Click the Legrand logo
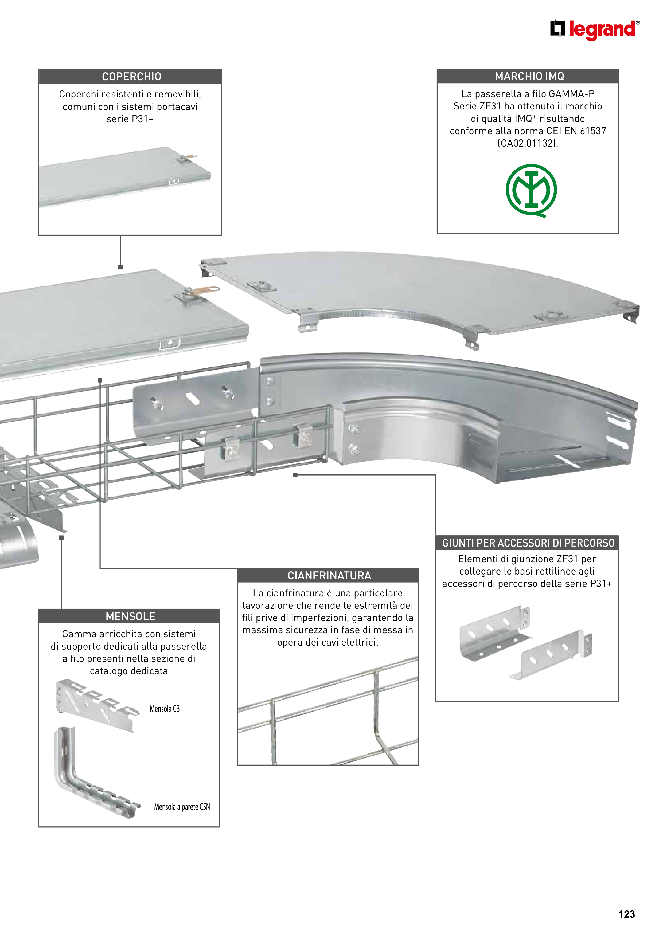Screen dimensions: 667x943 595,30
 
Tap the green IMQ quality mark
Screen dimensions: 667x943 531,191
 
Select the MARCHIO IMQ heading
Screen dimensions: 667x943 529,76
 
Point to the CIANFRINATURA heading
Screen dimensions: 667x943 329,575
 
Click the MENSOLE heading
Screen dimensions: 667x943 130,616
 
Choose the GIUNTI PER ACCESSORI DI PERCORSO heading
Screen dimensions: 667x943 528,543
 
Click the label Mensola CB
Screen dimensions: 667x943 164,709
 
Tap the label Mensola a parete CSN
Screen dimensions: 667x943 182,807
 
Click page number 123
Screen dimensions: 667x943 626,914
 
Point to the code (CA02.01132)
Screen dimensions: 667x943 528,143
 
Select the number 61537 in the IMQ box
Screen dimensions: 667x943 593,131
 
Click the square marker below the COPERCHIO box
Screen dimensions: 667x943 120,267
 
